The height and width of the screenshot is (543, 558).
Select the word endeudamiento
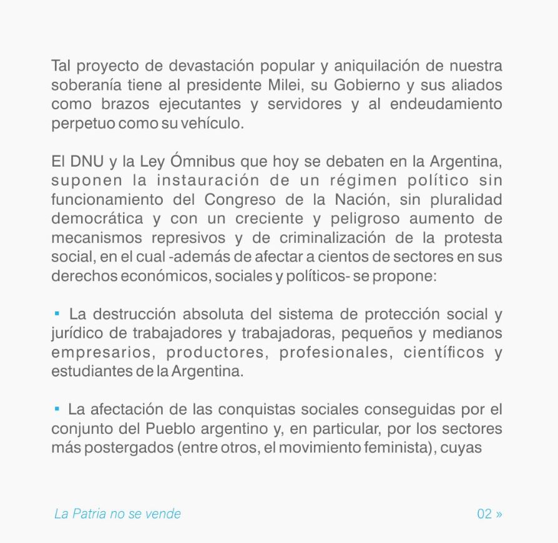(x=446, y=104)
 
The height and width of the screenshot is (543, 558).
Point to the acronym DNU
(x=87, y=162)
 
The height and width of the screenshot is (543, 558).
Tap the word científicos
(x=444, y=353)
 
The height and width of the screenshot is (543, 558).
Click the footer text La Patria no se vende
(x=117, y=514)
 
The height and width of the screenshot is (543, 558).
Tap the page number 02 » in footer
(x=489, y=514)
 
